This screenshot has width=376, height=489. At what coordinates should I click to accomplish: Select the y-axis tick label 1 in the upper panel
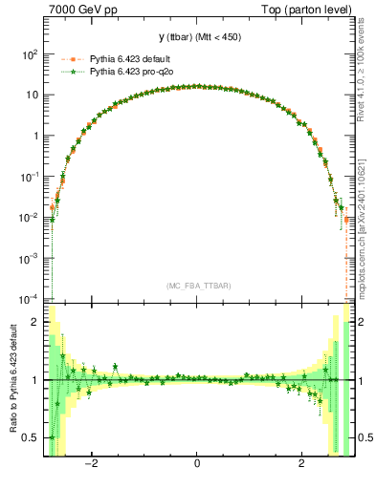(36, 136)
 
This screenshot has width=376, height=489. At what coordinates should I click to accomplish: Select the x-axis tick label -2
(91, 465)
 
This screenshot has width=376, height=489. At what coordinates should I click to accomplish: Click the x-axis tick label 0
(197, 465)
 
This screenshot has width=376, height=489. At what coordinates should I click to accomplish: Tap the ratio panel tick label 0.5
(32, 437)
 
